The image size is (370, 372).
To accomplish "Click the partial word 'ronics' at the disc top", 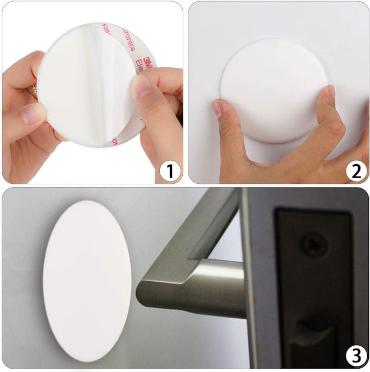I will pyautogui.click(x=114, y=32).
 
